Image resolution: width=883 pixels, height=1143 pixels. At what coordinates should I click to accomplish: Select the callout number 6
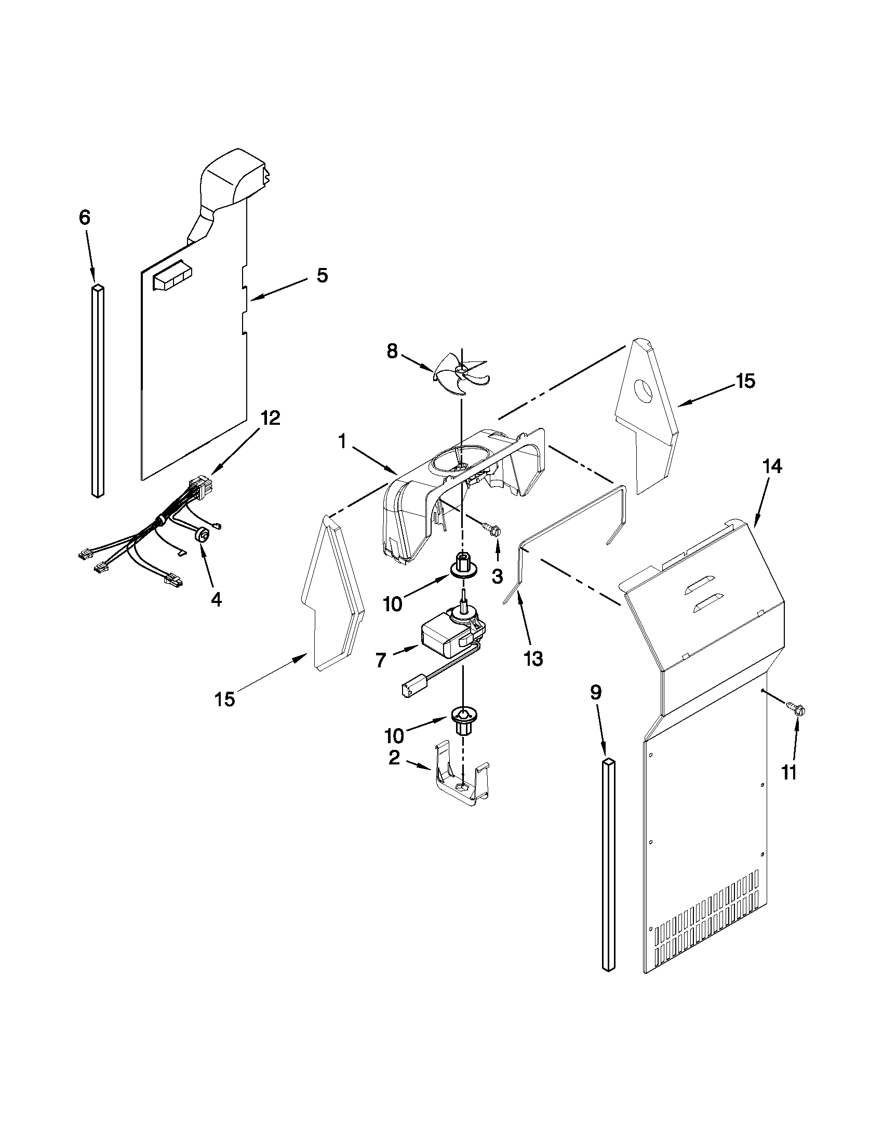pyautogui.click(x=85, y=218)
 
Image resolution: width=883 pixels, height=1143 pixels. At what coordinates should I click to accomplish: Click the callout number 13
pyautogui.click(x=533, y=659)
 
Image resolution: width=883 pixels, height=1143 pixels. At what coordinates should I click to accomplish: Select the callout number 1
pyautogui.click(x=342, y=442)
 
